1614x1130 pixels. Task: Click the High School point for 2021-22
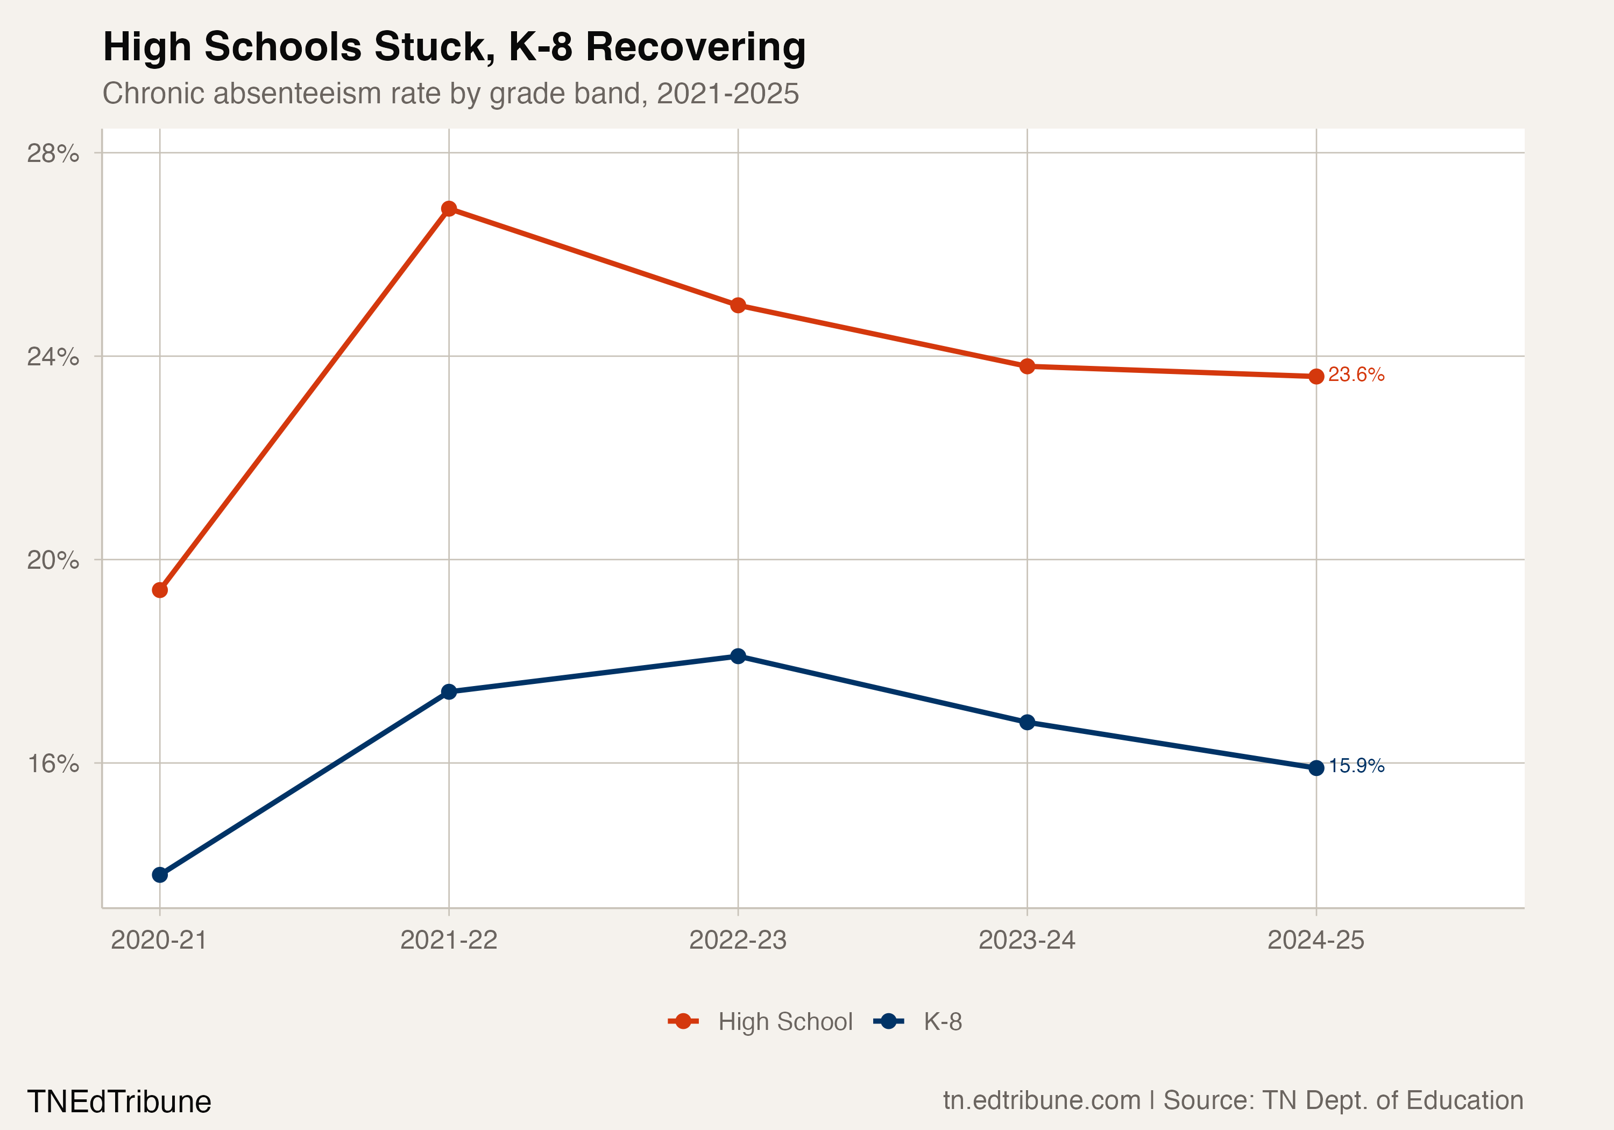449,209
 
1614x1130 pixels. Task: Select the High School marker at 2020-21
160,590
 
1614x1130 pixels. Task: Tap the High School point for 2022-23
738,305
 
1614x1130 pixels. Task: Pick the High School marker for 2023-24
1027,366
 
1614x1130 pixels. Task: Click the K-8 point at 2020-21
160,875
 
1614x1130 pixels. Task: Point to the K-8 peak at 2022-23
738,656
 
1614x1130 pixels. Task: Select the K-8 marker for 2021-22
449,692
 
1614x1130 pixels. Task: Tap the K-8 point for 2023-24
1027,722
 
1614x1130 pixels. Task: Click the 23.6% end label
1356,375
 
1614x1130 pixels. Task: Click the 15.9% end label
1356,766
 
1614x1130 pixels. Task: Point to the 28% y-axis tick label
53,153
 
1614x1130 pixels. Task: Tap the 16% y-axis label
53,764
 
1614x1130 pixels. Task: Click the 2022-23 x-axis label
738,940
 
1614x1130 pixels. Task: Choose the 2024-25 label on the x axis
1316,940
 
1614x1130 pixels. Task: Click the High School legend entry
784,1022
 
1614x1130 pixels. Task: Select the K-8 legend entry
942,1022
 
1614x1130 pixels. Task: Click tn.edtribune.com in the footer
1042,1100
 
